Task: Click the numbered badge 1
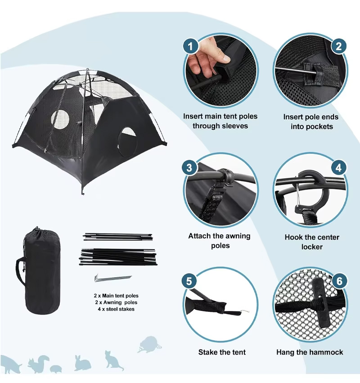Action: tap(190, 46)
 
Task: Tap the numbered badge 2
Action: tap(338, 46)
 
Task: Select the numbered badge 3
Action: tap(189, 168)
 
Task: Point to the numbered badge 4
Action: tap(338, 168)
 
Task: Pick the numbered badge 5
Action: tap(189, 281)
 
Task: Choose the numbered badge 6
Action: tap(339, 281)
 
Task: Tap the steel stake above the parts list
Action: tap(113, 278)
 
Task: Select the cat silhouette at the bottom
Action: tap(113, 360)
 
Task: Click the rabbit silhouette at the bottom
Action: tap(82, 363)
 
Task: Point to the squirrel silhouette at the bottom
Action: tap(39, 364)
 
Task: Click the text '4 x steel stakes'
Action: tap(116, 309)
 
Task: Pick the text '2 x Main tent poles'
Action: tap(116, 296)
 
